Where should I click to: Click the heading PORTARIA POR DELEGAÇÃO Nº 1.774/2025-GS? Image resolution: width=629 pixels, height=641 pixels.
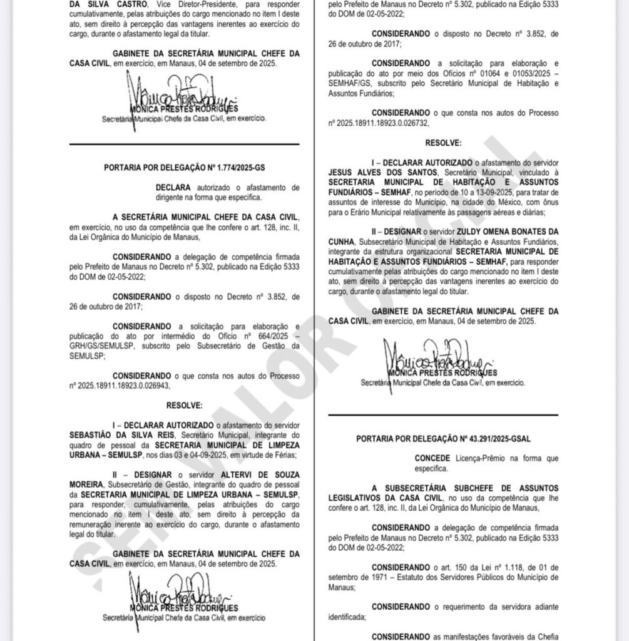click(184, 167)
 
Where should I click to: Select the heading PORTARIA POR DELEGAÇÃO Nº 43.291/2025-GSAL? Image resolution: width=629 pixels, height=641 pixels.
click(443, 439)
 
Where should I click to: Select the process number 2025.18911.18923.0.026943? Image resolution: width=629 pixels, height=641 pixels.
click(125, 386)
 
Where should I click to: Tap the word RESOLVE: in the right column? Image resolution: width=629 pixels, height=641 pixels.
click(443, 143)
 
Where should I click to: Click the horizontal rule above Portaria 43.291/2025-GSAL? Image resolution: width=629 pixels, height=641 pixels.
click(443, 414)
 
